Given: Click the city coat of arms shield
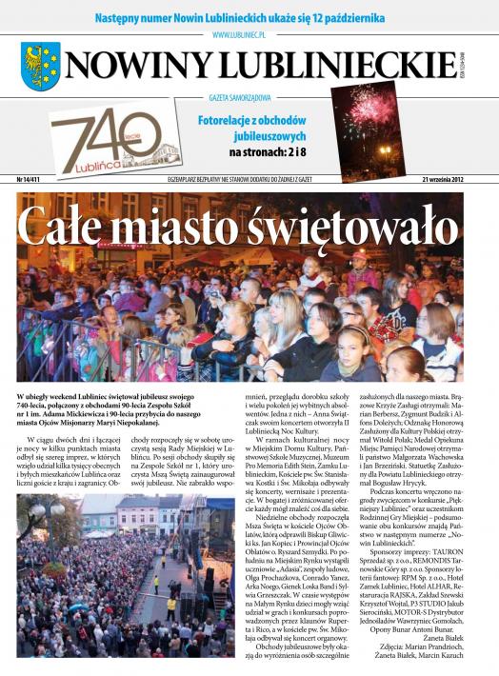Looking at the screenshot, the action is [41, 67].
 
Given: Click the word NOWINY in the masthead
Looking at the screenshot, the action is [138, 66].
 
